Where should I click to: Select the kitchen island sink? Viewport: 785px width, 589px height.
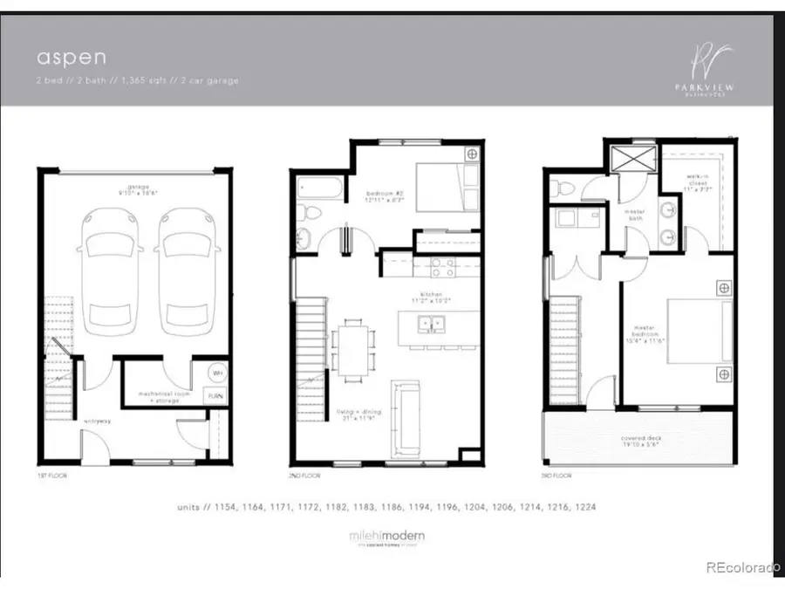tap(430, 325)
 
